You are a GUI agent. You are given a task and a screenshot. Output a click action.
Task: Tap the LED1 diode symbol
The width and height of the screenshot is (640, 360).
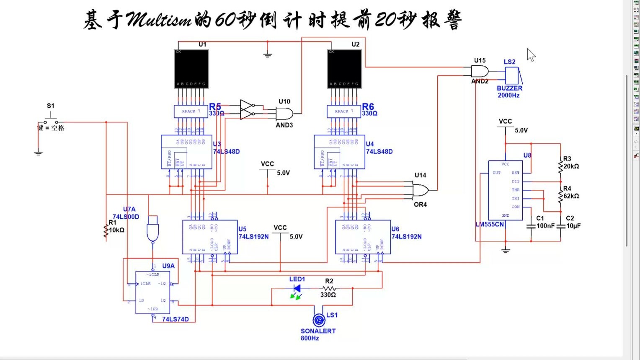(297, 288)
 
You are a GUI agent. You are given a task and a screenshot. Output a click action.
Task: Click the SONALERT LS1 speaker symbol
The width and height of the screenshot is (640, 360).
(319, 321)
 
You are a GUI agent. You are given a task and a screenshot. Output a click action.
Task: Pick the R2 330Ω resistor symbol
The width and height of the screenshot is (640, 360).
(329, 288)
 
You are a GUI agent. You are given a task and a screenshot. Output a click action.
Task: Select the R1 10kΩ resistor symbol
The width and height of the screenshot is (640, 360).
(106, 231)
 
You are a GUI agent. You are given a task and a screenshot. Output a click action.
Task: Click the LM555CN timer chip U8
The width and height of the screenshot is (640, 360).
(506, 190)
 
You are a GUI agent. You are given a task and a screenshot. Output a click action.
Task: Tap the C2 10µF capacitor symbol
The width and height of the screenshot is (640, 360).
(560, 226)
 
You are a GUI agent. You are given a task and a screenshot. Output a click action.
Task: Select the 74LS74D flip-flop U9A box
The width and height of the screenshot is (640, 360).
(152, 292)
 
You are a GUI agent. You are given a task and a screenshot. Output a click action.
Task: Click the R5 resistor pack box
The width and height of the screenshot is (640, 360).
(191, 111)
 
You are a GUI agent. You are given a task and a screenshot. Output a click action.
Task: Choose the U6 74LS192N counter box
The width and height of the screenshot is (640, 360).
(363, 237)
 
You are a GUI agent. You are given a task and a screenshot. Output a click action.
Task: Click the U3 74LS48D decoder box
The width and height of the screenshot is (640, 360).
(186, 152)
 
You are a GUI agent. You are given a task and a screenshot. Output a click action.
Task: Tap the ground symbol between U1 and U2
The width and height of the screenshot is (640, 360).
(268, 54)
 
